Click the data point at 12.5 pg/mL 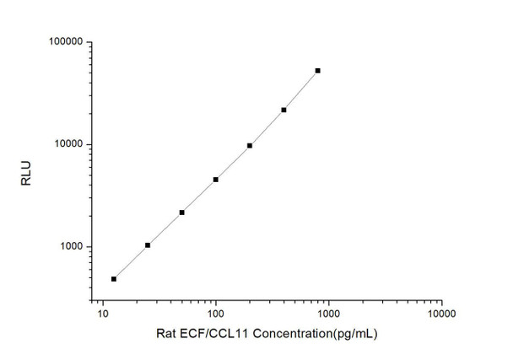[114, 278]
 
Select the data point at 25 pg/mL [148, 245]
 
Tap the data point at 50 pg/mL [181, 212]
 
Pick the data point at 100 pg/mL [216, 180]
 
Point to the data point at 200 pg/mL [250, 146]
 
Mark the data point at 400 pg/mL [283, 110]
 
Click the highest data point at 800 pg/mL [317, 71]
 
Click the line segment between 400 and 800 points [300, 90]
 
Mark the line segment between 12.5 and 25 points [131, 262]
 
